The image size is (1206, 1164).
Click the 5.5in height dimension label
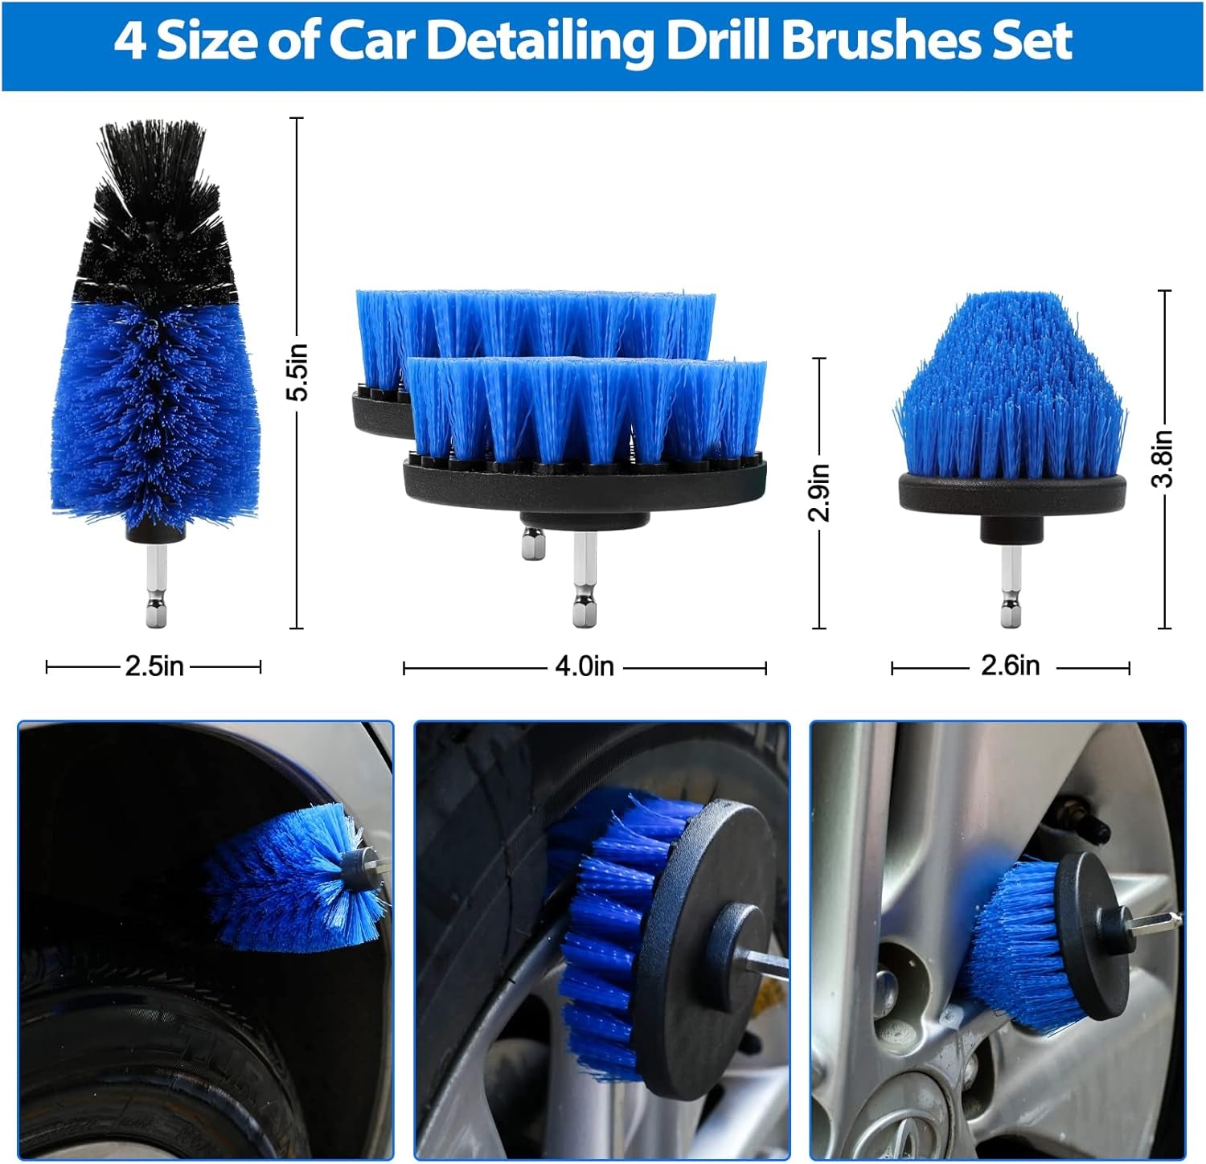pos(298,371)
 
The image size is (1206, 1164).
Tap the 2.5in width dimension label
pos(154,666)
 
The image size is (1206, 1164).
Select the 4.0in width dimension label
pos(585,666)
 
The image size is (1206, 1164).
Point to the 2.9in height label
pos(818,492)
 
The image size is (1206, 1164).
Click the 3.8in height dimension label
pos(1163,458)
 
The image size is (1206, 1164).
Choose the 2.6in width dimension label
pos(1010,666)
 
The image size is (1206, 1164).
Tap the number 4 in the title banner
pos(129,42)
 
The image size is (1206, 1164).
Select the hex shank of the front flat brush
pos(585,583)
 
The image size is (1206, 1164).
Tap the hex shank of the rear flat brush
pos(533,544)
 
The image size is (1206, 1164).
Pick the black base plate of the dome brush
pos(1011,494)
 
